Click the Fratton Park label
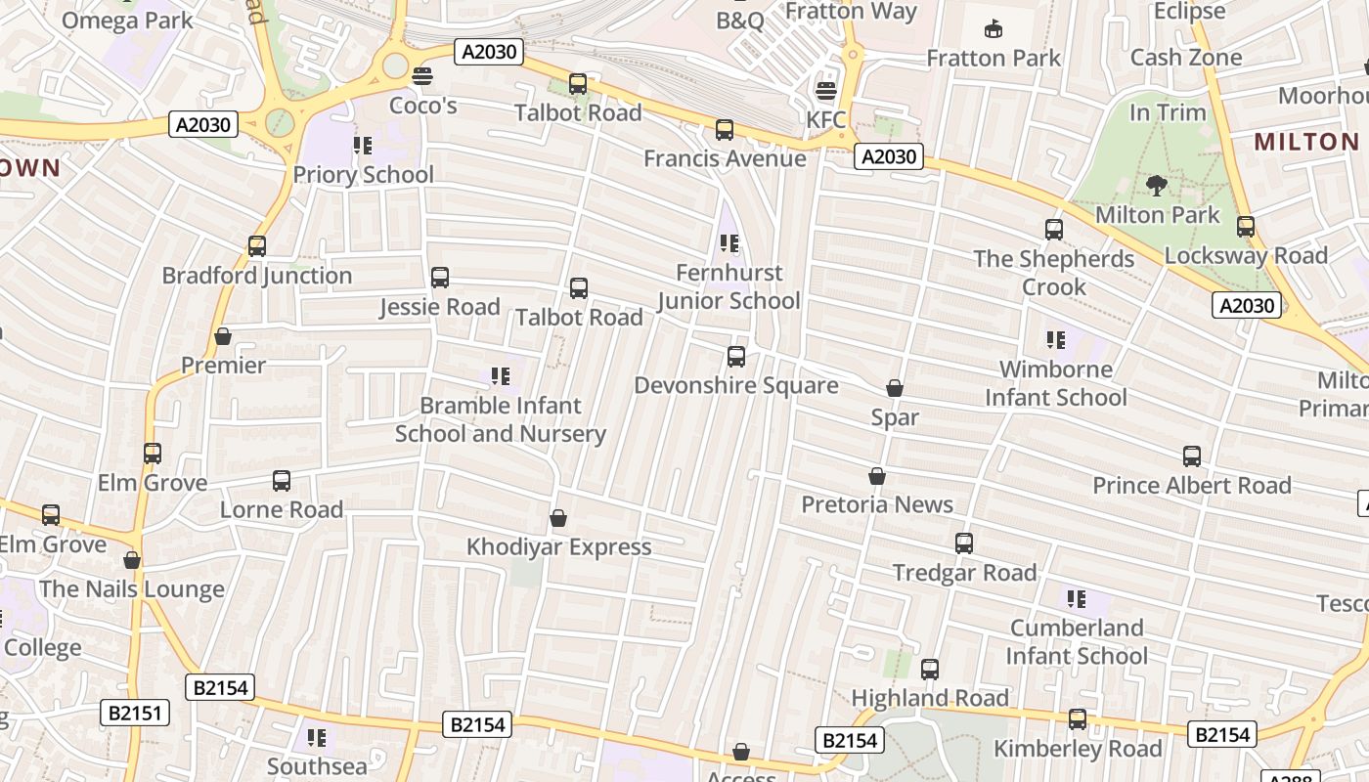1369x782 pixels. (x=994, y=58)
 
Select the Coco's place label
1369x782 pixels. (x=422, y=105)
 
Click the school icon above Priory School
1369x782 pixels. (x=363, y=147)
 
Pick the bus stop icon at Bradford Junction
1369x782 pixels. (x=257, y=246)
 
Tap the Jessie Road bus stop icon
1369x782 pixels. (x=440, y=278)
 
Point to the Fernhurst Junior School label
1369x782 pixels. (x=729, y=286)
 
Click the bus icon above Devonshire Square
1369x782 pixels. (x=736, y=357)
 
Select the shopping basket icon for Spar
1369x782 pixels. (x=894, y=389)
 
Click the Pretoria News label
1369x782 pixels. (x=877, y=504)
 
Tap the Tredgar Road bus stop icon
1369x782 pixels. (x=964, y=543)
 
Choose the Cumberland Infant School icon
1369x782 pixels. (x=1077, y=598)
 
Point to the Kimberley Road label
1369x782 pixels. (x=1078, y=749)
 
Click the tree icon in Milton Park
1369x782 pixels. (x=1157, y=185)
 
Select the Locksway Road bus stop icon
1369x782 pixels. (x=1246, y=227)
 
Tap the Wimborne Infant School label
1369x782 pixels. (x=1056, y=383)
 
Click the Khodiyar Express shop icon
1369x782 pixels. (x=558, y=518)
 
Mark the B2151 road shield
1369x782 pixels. (x=135, y=713)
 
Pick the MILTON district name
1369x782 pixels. (x=1306, y=142)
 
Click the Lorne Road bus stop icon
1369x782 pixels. (x=282, y=481)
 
